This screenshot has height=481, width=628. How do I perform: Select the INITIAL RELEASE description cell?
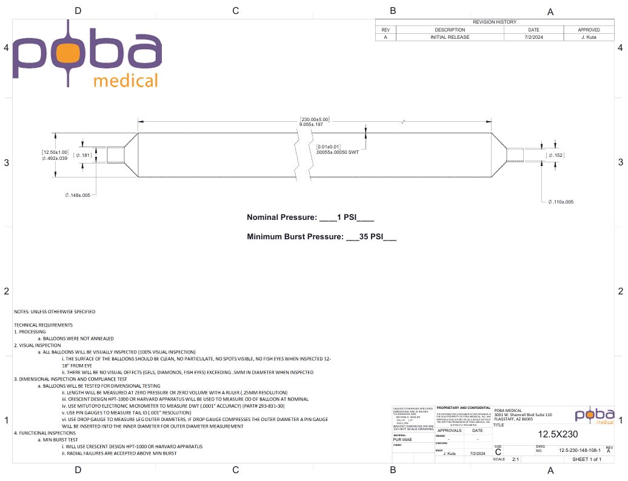[450, 37]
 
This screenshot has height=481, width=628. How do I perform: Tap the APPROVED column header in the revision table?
[589, 30]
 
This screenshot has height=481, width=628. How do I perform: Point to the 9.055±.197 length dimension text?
[312, 124]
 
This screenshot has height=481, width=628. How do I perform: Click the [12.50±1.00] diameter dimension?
[55, 151]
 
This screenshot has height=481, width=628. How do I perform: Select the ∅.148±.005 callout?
[78, 195]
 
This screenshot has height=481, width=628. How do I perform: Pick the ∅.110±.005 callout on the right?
[561, 202]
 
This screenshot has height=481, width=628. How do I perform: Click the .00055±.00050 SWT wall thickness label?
[338, 153]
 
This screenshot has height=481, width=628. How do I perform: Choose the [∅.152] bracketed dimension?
[555, 156]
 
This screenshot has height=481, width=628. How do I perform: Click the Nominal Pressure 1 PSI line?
[310, 217]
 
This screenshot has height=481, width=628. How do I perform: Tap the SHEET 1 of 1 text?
[587, 460]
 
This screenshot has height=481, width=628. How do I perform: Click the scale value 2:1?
[516, 460]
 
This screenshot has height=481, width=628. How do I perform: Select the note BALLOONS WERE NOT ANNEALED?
[78, 338]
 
